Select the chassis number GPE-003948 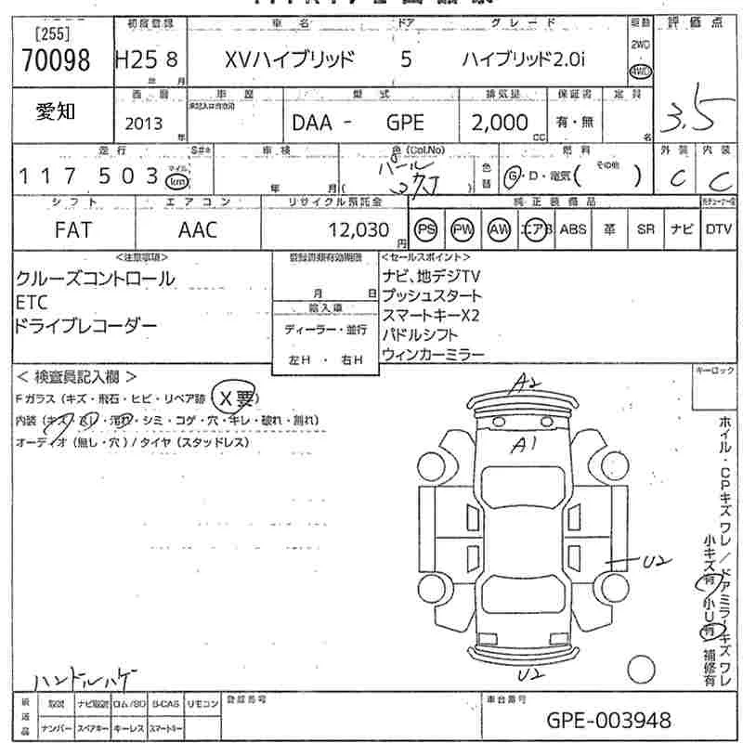[609, 720]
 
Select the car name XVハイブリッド [290, 60]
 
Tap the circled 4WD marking [639, 72]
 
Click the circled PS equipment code [426, 229]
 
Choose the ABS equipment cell [572, 229]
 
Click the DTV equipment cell [718, 229]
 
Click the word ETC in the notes [33, 303]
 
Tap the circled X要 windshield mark [233, 398]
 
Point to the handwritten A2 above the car [528, 382]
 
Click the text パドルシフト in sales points [419, 335]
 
